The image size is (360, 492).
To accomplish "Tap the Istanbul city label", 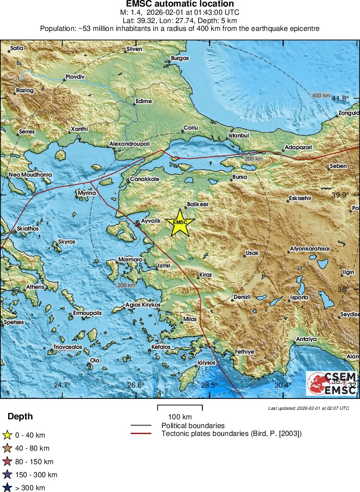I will pos(239,136).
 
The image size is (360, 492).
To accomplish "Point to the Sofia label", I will pos(17,48).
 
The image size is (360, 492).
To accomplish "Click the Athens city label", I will pos(35,287).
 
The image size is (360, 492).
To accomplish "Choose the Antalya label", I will pos(306,339).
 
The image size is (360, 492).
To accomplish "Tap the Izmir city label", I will pos(164,265).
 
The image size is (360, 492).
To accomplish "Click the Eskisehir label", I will pos(300,198).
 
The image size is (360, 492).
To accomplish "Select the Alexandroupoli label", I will pos(129,144).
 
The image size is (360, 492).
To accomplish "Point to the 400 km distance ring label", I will pos(321,95).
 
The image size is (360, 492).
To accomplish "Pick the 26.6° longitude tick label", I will pos(136,385).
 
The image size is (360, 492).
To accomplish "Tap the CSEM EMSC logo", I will pos(332,383).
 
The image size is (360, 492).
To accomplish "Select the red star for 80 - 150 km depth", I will pos(7,462).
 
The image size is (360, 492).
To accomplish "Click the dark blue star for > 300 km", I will pos(7,488).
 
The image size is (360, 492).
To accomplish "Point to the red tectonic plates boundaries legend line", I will pos(141,434).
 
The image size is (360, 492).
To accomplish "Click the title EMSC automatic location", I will pos(180,4).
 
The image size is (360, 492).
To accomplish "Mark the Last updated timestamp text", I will pos(308,408).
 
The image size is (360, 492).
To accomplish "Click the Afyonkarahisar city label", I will pos(310,249).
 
